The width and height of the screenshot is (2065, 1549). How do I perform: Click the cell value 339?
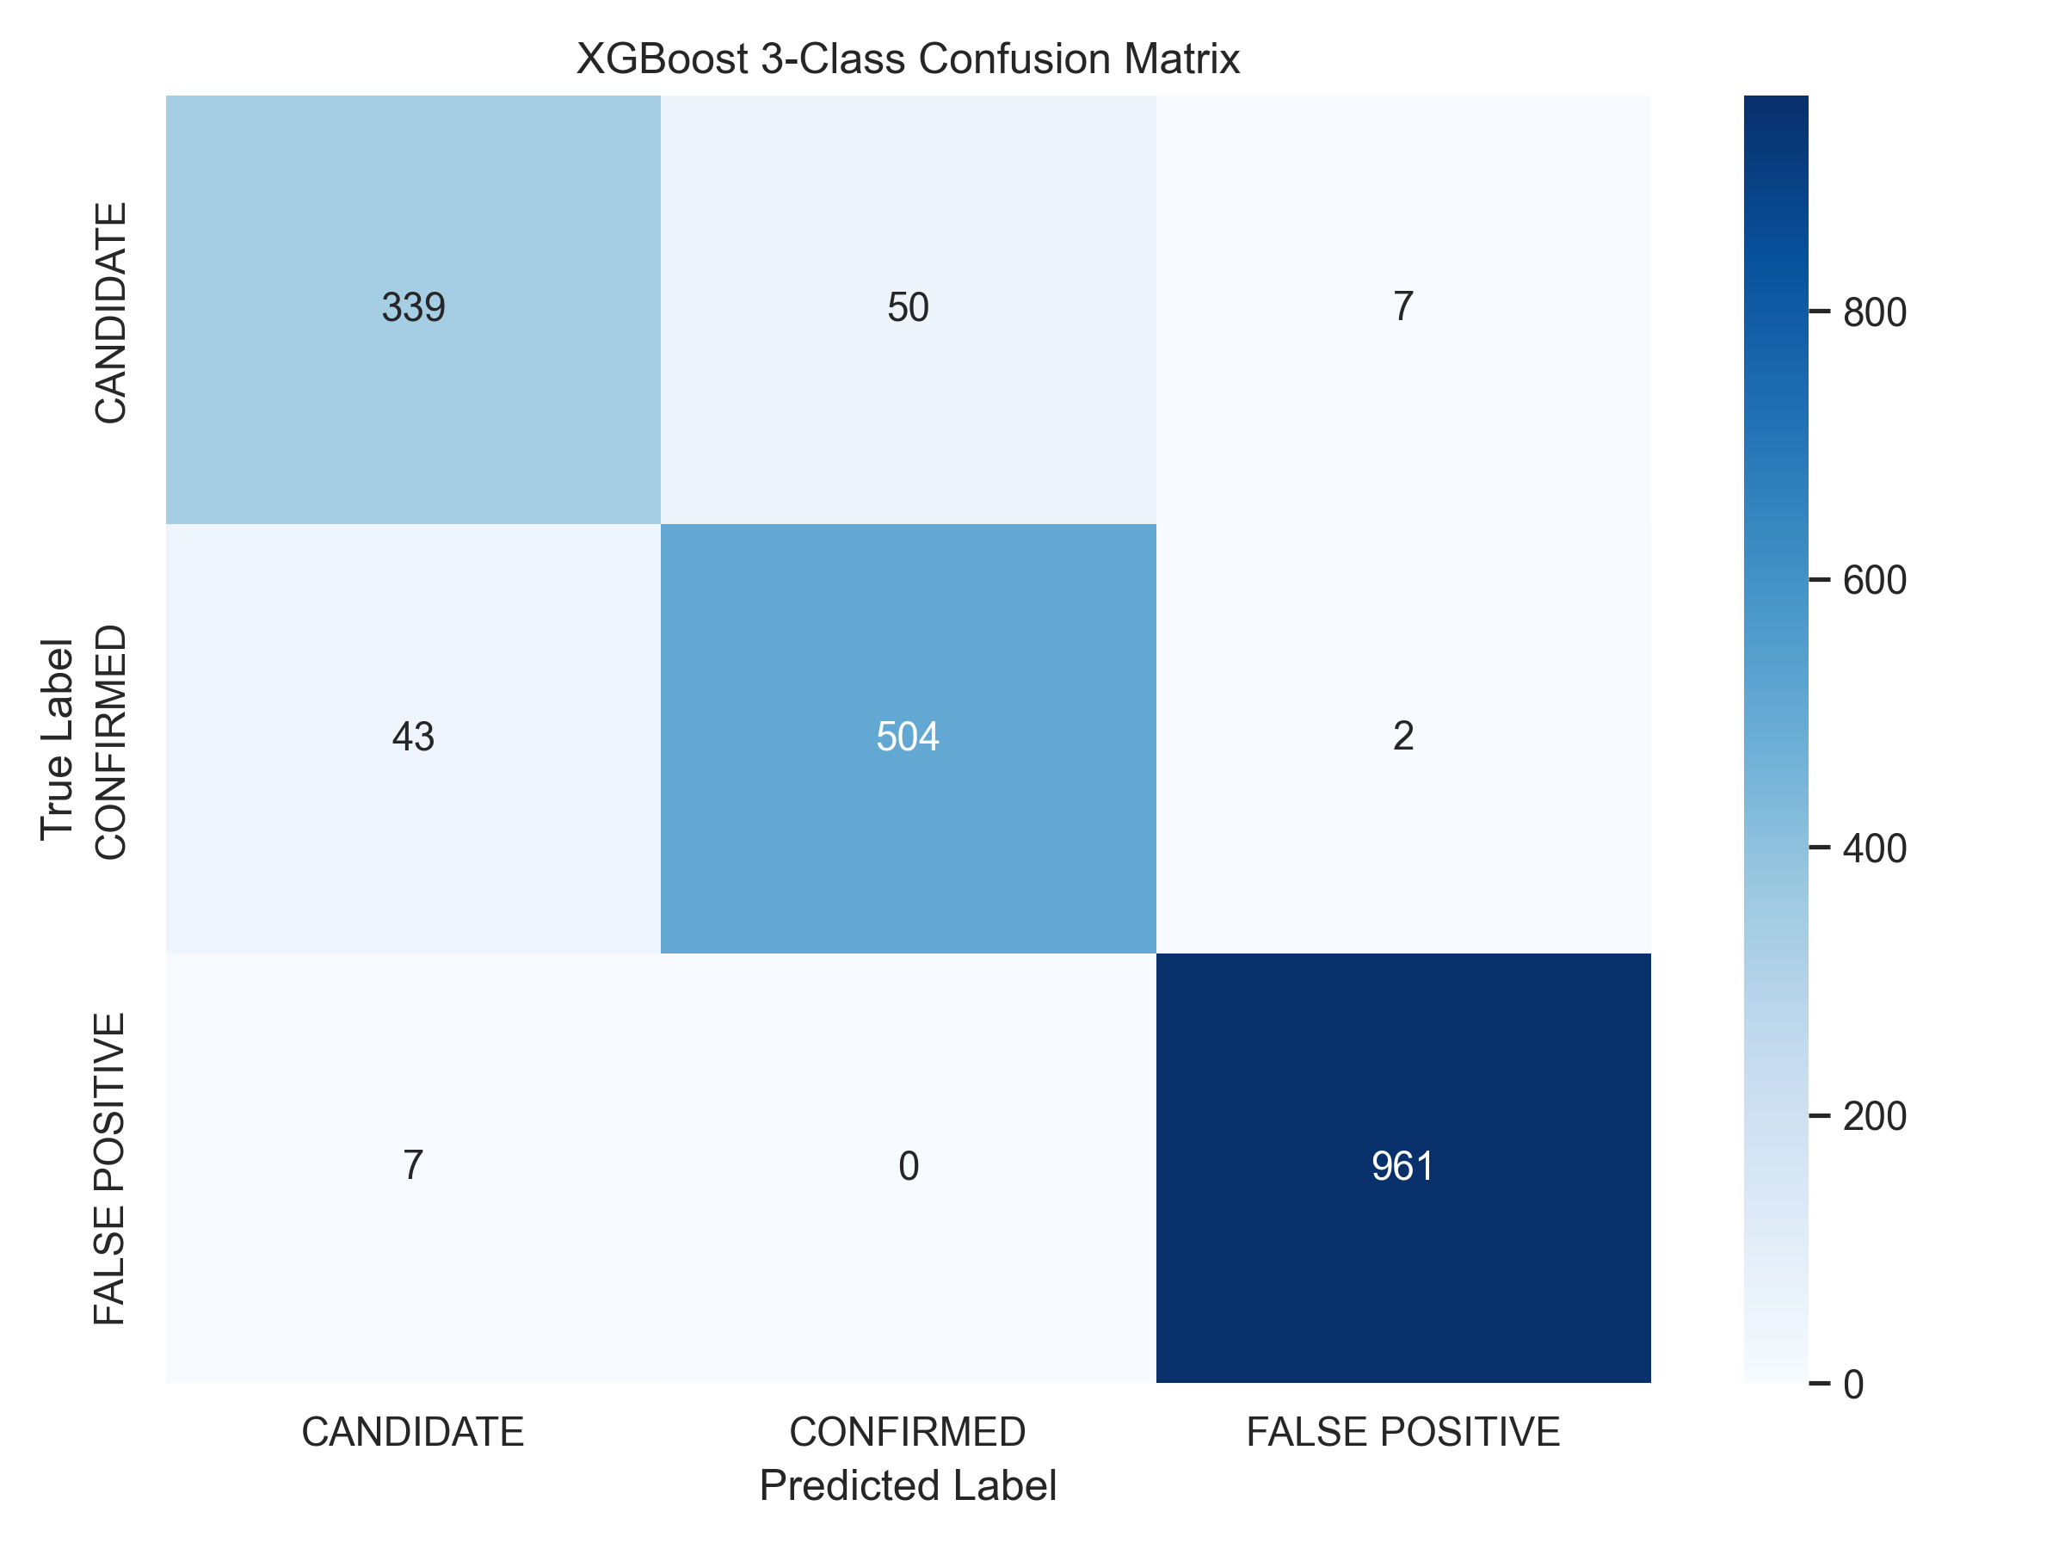coord(414,307)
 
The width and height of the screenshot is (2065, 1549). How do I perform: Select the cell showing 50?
coord(909,307)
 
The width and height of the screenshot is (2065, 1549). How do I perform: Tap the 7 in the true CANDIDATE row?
coord(1403,306)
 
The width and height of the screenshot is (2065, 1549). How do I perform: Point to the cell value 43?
coord(414,737)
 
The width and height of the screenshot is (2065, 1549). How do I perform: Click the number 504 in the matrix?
coord(909,737)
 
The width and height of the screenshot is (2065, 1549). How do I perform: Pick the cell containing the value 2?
coord(1403,736)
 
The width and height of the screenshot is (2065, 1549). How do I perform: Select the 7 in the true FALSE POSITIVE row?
coord(414,1165)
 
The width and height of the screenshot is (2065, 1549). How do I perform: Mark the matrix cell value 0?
coord(909,1166)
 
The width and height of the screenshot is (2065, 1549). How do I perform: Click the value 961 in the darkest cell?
coord(1403,1166)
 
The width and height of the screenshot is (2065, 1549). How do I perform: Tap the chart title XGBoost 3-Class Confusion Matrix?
coord(909,59)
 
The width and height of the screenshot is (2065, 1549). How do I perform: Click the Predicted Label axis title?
coord(909,1485)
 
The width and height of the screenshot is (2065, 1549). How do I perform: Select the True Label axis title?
coord(57,738)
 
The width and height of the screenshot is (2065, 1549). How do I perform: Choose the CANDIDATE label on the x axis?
coord(413,1432)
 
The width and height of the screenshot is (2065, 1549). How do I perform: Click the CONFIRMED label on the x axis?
coord(908,1432)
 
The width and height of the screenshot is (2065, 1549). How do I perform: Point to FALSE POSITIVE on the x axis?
coord(1403,1432)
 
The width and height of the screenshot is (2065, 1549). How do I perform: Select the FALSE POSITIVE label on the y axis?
coord(110,1169)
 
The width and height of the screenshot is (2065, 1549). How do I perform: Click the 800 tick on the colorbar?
coord(1875,312)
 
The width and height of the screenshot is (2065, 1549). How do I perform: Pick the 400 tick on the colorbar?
coord(1875,848)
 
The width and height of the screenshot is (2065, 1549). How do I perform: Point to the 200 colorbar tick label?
coord(1875,1116)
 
